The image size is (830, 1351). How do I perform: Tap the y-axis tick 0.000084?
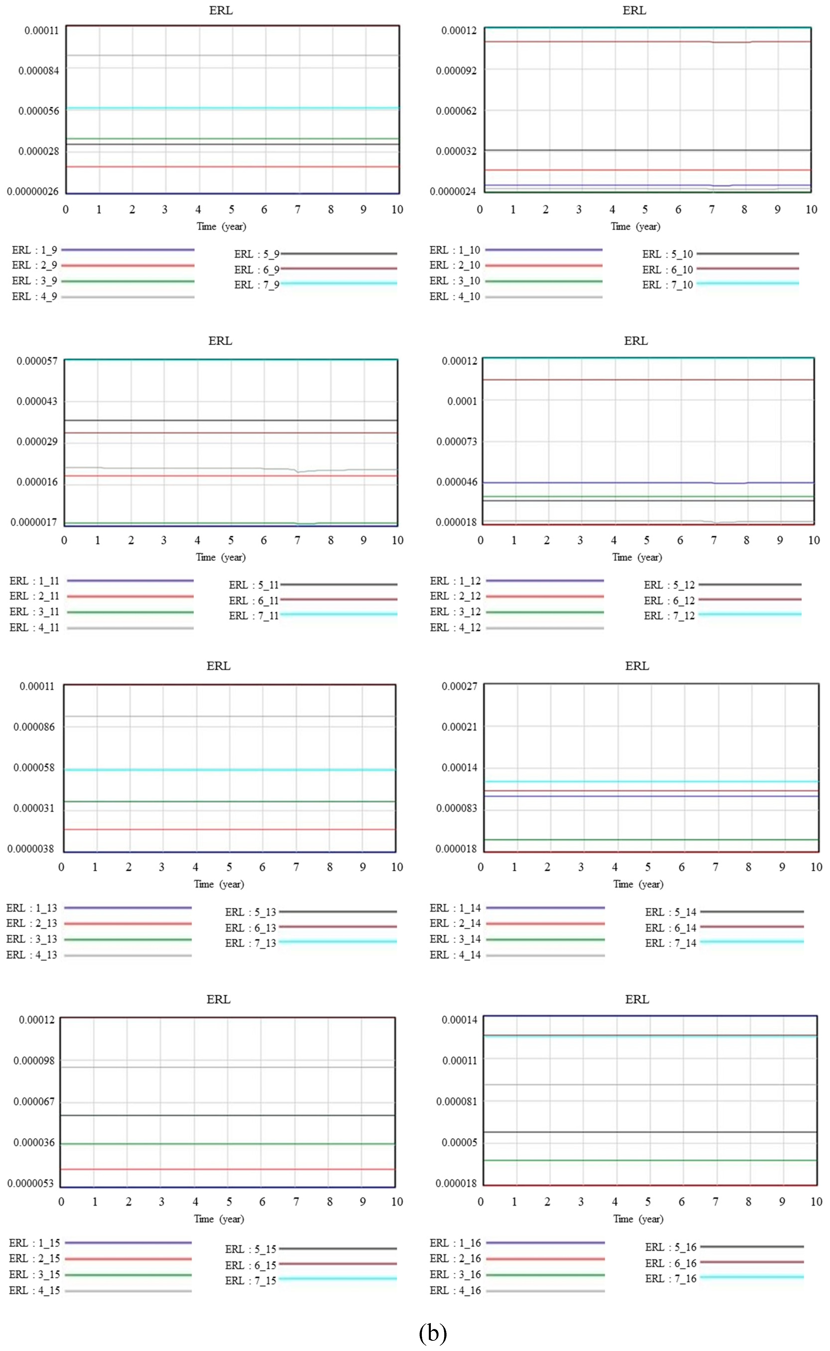tap(38, 70)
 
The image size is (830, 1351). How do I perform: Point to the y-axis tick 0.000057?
tap(37, 361)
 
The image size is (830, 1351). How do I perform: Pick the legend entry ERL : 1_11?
tap(34, 580)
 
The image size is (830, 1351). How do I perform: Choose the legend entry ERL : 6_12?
tap(669, 600)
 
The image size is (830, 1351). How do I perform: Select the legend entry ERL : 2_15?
tap(34, 1258)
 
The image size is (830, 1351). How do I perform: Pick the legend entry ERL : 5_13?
tap(250, 912)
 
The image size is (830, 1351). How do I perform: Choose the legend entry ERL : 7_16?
tap(670, 1278)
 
